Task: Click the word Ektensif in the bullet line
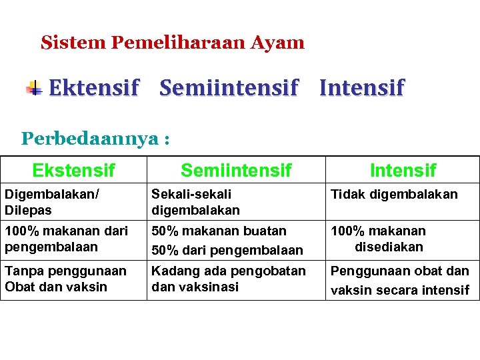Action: [x=94, y=87]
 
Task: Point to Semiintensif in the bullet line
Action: [x=229, y=87]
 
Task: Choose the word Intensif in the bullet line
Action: [x=361, y=87]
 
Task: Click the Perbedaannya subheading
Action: [x=95, y=139]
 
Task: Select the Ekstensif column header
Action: [x=73, y=170]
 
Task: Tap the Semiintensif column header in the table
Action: [x=236, y=170]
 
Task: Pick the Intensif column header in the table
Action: [x=403, y=170]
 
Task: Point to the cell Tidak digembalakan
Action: [x=394, y=194]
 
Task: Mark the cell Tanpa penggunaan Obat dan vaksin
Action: [x=65, y=279]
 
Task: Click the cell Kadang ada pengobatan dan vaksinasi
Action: [x=229, y=279]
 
